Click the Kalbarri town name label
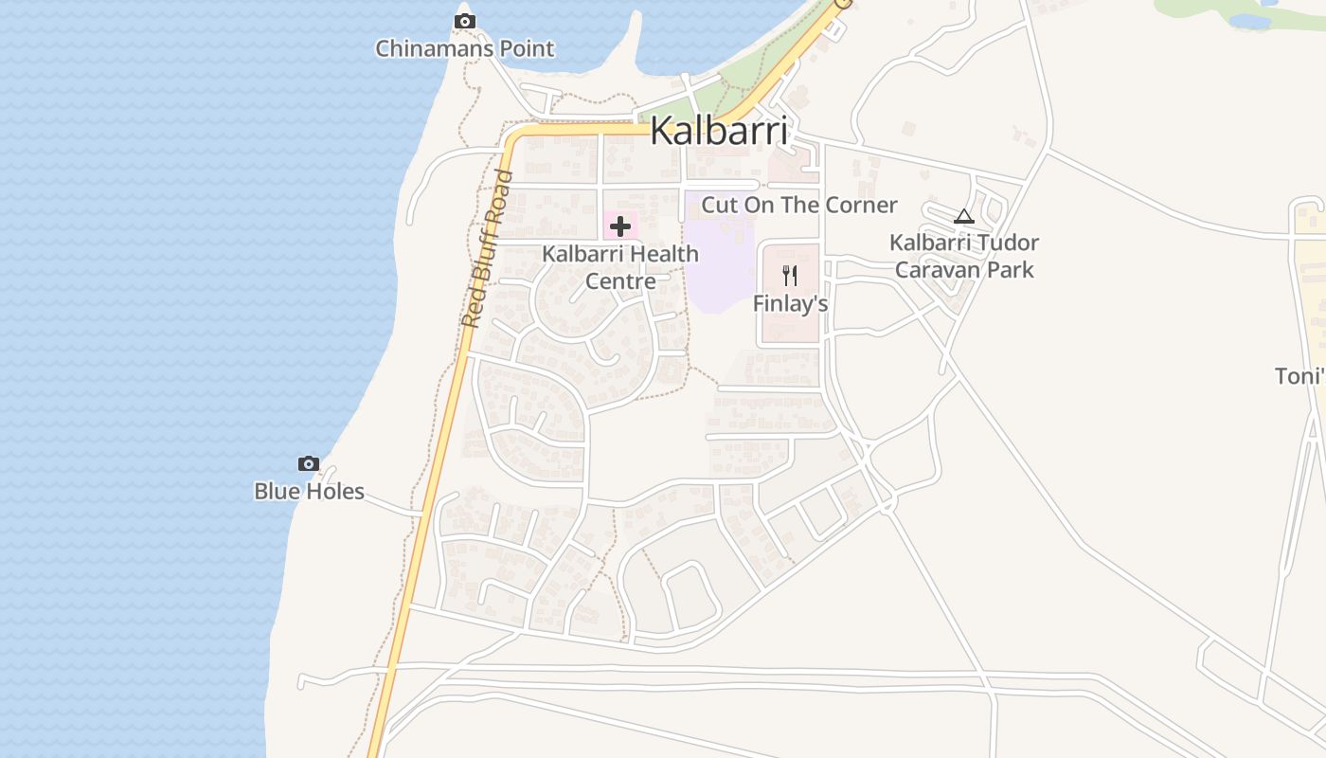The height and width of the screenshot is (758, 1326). pos(719,131)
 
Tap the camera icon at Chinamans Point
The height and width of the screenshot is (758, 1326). pos(464,21)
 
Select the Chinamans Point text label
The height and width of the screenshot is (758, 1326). pos(464,48)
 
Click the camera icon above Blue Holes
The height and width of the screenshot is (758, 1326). pos(308,463)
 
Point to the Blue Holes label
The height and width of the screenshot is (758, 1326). pos(309,491)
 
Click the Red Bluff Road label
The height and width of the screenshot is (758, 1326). pos(486,249)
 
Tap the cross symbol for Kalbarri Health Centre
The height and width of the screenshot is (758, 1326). pos(620,226)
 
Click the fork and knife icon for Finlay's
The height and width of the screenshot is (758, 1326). pos(790,276)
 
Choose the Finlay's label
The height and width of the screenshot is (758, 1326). pos(790,303)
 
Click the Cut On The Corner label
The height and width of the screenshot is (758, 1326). pos(798,205)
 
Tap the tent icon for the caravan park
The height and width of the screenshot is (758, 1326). pos(963,216)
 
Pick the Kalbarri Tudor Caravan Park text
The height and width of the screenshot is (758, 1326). pos(964,256)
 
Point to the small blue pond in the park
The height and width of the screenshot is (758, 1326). pos(1249,21)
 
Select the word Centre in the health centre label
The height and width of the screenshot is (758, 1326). pos(620,281)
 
